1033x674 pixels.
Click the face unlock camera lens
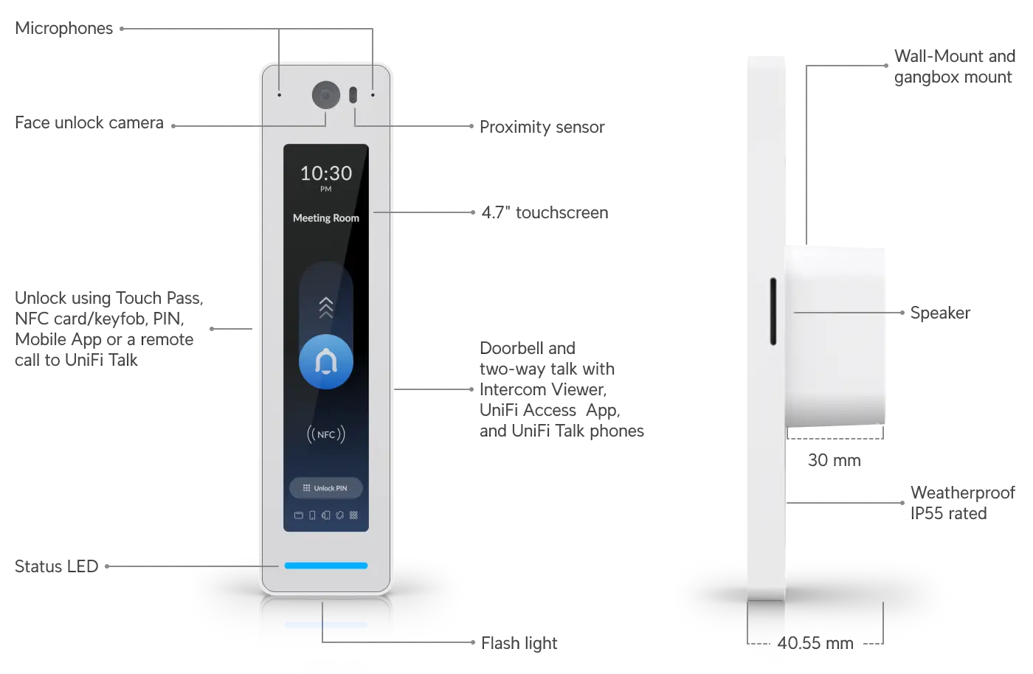pyautogui.click(x=326, y=95)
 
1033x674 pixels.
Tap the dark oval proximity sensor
pyautogui.click(x=353, y=95)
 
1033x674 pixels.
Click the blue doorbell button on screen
pyautogui.click(x=326, y=362)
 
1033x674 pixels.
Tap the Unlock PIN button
pyautogui.click(x=326, y=487)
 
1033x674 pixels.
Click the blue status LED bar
pyautogui.click(x=326, y=566)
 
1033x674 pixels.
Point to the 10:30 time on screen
pyautogui.click(x=326, y=173)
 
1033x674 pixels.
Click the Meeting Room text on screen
pyautogui.click(x=326, y=218)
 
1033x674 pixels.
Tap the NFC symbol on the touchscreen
pyautogui.click(x=326, y=434)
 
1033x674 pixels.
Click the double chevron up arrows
pyautogui.click(x=326, y=308)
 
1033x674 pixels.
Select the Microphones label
pyautogui.click(x=63, y=28)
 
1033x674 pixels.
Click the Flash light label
pyautogui.click(x=519, y=643)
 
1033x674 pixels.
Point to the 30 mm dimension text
pyautogui.click(x=835, y=460)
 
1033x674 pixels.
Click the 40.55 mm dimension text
pyautogui.click(x=815, y=643)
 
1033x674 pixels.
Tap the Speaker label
pyautogui.click(x=940, y=313)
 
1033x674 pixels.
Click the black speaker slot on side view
pyautogui.click(x=773, y=311)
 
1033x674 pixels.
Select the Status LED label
pyautogui.click(x=56, y=566)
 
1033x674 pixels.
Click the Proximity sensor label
pyautogui.click(x=542, y=127)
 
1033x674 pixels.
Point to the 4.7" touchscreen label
pyautogui.click(x=545, y=212)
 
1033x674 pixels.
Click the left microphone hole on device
pyautogui.click(x=279, y=95)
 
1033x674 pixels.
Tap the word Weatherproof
pyautogui.click(x=963, y=493)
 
